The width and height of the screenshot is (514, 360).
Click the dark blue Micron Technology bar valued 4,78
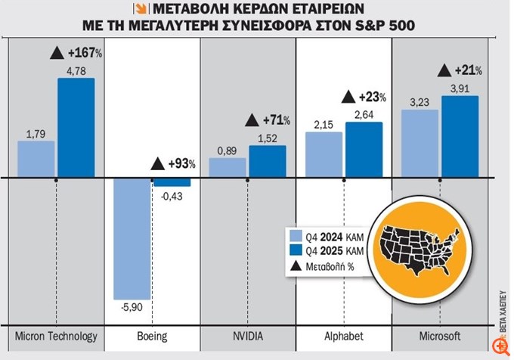click(76, 128)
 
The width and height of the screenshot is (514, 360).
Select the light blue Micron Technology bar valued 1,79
click(36, 160)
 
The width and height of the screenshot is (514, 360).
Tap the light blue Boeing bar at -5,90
click(132, 239)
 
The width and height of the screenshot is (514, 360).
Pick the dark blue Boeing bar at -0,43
click(172, 182)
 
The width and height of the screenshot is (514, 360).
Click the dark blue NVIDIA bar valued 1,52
click(268, 162)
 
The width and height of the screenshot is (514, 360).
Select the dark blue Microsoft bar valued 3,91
click(460, 137)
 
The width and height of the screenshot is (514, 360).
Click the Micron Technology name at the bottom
click(56, 336)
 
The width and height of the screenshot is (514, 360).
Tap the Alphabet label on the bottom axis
click(343, 336)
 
